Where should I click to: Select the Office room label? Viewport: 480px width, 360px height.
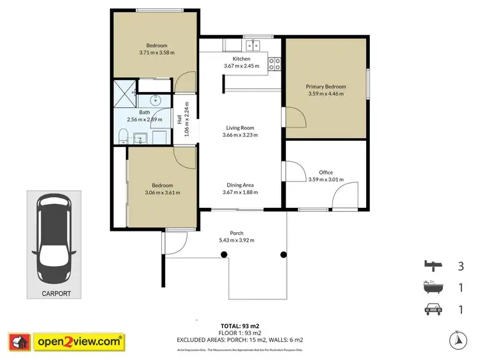[x=325, y=173]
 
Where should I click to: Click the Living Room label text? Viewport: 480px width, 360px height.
[x=239, y=128]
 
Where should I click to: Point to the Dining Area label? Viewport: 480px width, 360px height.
[x=239, y=185]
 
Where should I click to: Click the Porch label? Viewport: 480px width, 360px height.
[x=237, y=233]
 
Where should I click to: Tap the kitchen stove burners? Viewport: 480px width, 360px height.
[x=275, y=63]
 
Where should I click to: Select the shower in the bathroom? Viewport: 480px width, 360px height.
[x=126, y=93]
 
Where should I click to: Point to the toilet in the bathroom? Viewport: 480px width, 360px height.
[x=124, y=134]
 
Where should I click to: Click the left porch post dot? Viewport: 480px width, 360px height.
[x=224, y=254]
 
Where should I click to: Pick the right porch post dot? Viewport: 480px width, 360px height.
[x=283, y=254]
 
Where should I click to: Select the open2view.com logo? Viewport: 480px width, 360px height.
[x=66, y=341]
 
